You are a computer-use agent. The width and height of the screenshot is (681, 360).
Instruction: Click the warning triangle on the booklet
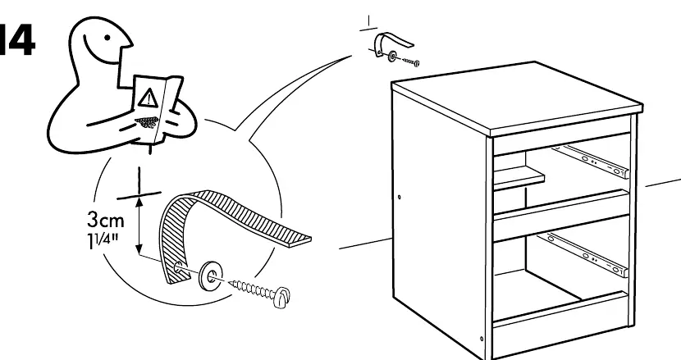point(149,98)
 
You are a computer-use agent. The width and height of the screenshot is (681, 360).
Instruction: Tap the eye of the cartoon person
point(107,38)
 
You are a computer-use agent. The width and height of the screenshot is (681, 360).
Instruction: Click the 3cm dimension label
point(106,220)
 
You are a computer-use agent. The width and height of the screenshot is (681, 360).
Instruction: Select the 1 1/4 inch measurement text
point(103,240)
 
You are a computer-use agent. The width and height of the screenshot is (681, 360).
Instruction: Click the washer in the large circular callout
point(211,276)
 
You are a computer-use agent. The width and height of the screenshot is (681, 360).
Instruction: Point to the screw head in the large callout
point(282,298)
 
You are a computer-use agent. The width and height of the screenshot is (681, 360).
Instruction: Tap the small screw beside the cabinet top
point(411,62)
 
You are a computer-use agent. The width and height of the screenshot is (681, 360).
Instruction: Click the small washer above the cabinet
point(393,56)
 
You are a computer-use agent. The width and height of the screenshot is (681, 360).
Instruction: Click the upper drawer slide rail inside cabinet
point(591,160)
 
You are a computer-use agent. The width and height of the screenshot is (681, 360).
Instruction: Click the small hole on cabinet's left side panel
point(400,197)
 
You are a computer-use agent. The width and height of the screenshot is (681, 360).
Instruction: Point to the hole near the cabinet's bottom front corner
point(482,339)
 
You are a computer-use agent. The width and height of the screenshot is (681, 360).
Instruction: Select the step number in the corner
point(16,40)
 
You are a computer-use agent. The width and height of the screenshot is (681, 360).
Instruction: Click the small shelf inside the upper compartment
point(519,178)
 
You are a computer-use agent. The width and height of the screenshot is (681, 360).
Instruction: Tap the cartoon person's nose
point(128,42)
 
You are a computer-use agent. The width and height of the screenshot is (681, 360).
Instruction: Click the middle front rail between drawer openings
point(561,215)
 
